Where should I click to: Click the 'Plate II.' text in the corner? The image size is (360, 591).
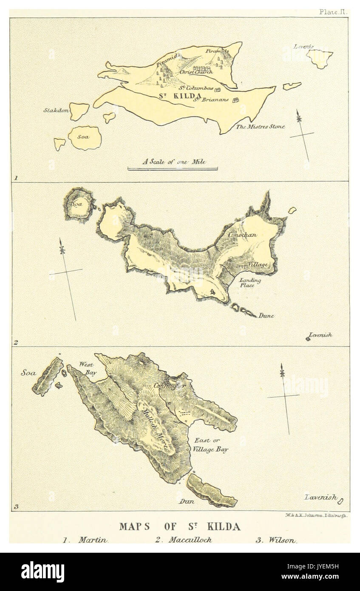[333, 12]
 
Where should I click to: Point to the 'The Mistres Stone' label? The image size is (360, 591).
[261, 126]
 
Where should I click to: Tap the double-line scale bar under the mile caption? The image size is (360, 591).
[173, 169]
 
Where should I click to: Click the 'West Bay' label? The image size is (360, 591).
[88, 367]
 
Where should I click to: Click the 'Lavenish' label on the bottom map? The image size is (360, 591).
[320, 497]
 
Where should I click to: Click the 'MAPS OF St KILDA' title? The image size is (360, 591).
[179, 526]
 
